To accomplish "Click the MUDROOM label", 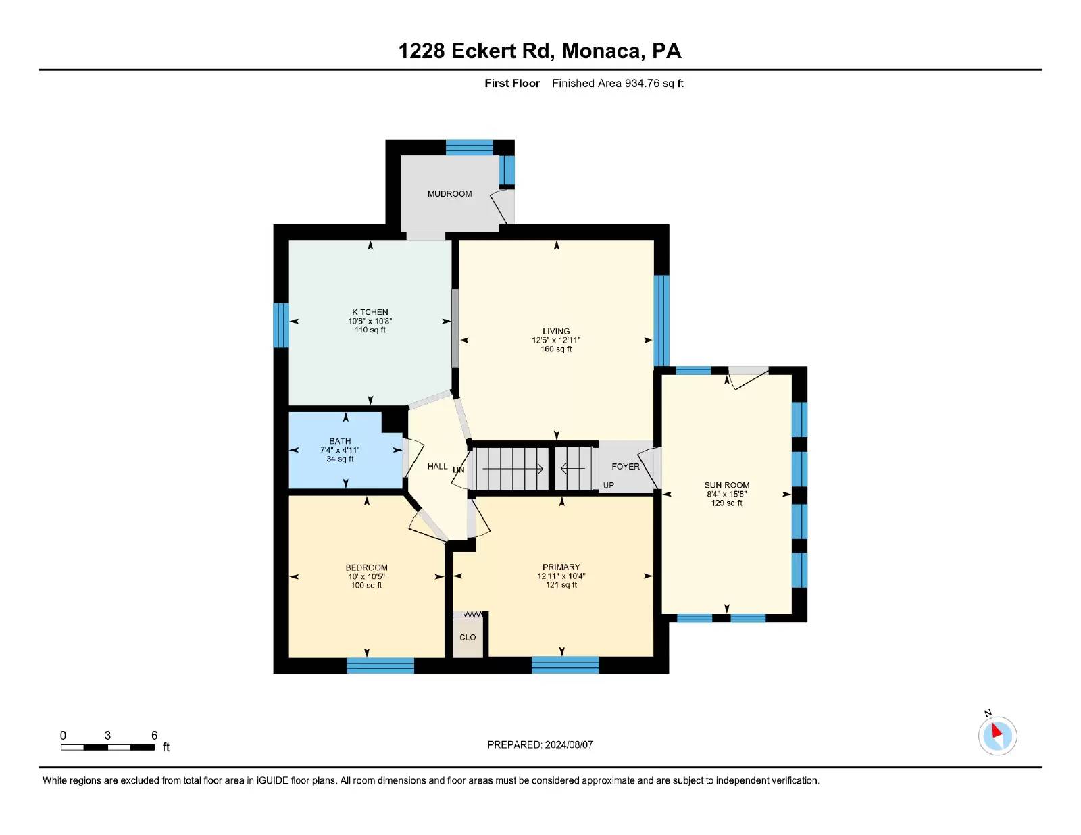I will point(449,194).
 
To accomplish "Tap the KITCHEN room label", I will point(370,312).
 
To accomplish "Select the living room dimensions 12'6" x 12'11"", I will point(555,340).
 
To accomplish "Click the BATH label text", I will point(340,441).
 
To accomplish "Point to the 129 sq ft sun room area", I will point(726,503).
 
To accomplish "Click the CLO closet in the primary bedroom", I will point(468,637).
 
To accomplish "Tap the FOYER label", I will point(625,467).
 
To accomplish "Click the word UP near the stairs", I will point(608,486).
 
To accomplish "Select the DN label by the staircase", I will point(459,470).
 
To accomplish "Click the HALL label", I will point(437,467).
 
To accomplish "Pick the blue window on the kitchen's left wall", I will point(281,325).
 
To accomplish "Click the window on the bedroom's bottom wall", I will point(380,665).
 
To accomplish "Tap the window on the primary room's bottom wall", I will point(565,665).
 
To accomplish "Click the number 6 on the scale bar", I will point(154,736).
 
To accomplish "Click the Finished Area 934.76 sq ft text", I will point(618,84).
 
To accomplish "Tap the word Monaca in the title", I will point(601,51).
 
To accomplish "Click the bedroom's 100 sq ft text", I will point(366,586).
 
